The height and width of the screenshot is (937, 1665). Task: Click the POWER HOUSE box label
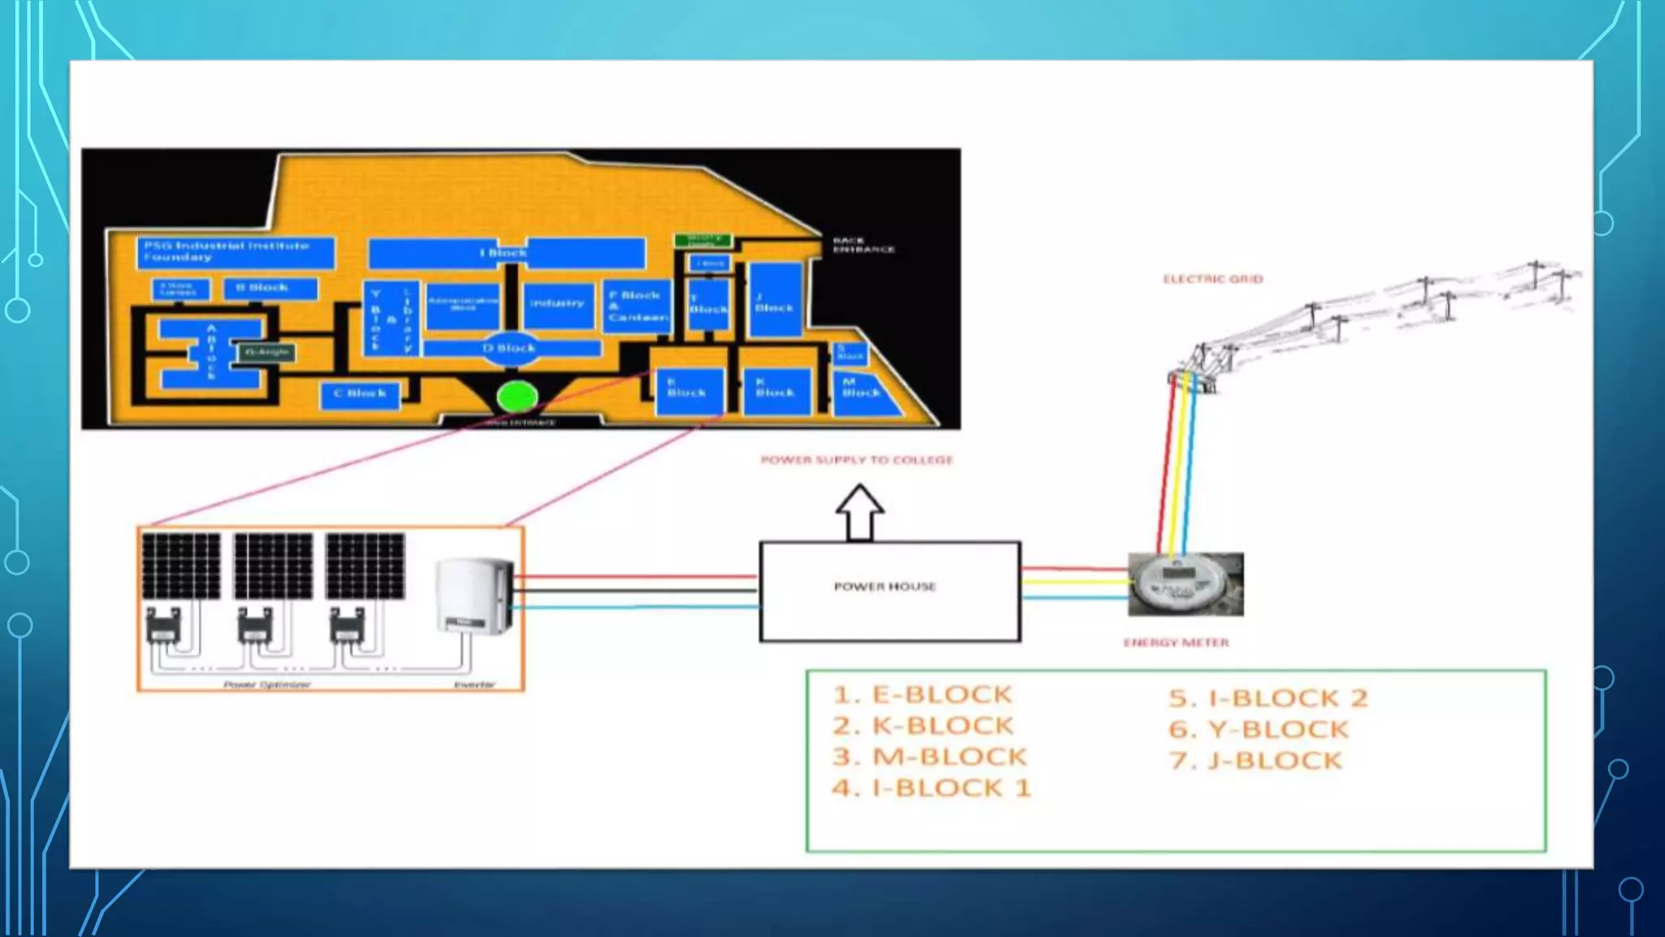pos(885,586)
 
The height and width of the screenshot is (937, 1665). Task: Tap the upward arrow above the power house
pos(859,512)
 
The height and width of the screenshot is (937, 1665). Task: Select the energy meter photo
pos(1185,584)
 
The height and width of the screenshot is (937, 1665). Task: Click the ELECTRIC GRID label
pos(1213,279)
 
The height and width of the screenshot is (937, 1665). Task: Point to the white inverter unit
pos(475,595)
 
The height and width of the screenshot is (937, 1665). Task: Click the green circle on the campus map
pos(517,397)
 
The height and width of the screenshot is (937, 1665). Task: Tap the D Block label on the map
pos(510,348)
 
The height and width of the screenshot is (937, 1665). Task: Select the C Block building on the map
pos(360,394)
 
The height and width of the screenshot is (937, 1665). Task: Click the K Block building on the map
pos(776,391)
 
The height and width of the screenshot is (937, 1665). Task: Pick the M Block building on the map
pos(864,394)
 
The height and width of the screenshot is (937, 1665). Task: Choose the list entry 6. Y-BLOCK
pos(1259,729)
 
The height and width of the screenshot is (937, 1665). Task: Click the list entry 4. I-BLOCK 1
pos(932,787)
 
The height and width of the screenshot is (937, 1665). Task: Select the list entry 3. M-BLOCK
pos(930,756)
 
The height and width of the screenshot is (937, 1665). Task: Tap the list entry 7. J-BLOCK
pos(1255,760)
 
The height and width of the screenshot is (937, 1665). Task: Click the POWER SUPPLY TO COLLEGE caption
pos(856,460)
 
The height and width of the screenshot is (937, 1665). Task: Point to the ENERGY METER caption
pos(1176,643)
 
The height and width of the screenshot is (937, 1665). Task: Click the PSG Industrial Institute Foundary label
pos(227,251)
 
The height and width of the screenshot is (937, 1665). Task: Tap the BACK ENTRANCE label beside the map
pos(863,245)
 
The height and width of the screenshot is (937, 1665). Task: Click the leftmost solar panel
pos(181,566)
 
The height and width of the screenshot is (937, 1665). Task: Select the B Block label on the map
pos(263,287)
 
